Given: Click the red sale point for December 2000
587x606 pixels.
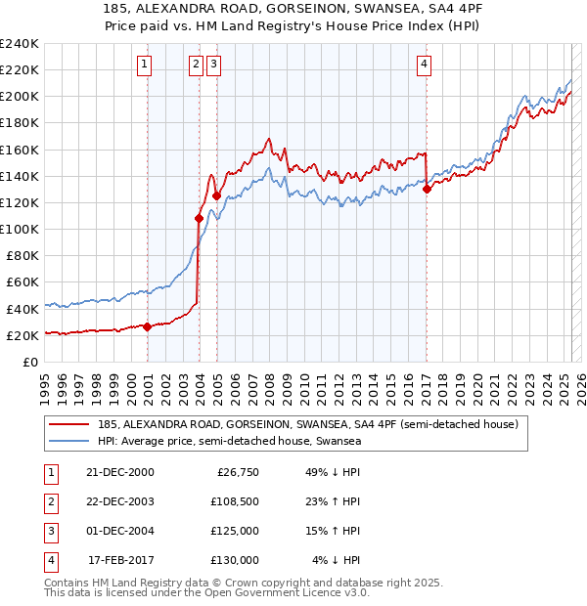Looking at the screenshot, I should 148,326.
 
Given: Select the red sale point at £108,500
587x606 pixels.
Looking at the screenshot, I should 199,218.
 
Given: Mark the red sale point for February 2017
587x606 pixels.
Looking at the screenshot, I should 427,190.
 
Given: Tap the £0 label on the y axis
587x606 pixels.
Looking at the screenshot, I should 29,362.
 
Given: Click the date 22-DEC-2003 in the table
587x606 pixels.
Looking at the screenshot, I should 120,501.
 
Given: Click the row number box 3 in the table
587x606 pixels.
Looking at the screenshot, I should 48,531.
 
